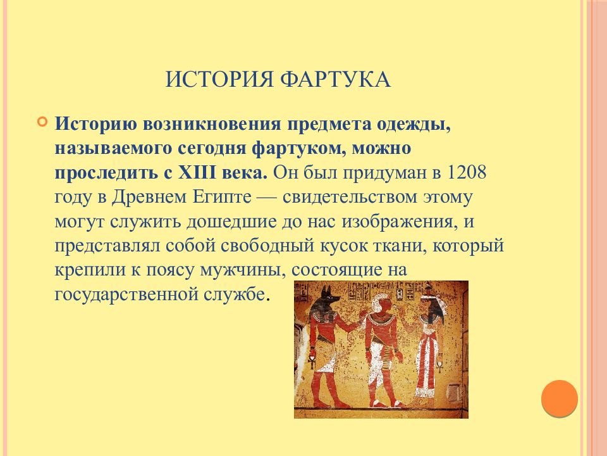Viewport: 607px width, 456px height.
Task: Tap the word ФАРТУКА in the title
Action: tap(335, 79)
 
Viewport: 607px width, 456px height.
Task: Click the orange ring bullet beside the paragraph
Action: tap(42, 122)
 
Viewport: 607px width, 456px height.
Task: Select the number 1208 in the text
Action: tap(466, 172)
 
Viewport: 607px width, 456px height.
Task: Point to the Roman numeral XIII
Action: tap(197, 172)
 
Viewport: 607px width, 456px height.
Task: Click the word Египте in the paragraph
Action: tap(222, 197)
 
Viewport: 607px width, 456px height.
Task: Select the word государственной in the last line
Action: tap(126, 294)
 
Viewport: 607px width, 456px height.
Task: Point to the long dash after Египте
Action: tap(267, 198)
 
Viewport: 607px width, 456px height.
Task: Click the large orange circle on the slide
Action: tap(560, 398)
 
